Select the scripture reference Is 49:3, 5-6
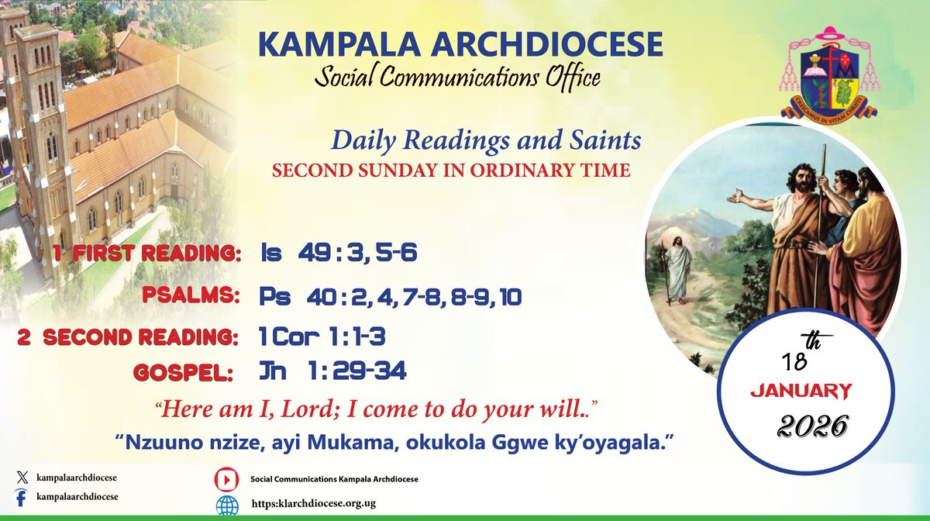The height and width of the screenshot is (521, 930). (x=339, y=253)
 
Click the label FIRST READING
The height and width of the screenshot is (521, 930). (x=157, y=254)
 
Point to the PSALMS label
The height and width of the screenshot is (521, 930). (x=191, y=295)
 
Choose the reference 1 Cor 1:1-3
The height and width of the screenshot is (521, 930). (x=322, y=336)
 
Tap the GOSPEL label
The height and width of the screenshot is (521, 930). (x=183, y=372)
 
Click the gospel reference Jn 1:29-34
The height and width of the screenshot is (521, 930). (x=332, y=371)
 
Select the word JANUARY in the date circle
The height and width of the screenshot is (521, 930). (x=801, y=392)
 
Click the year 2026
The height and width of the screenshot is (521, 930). (x=812, y=426)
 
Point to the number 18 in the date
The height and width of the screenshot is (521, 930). (x=795, y=361)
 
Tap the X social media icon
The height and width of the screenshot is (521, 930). (x=22, y=478)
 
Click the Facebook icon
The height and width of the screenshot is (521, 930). (x=21, y=497)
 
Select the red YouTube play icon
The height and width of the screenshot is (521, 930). (x=226, y=479)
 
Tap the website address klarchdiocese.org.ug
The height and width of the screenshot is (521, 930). (x=313, y=503)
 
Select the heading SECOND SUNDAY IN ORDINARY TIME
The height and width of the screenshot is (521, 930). (x=451, y=171)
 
